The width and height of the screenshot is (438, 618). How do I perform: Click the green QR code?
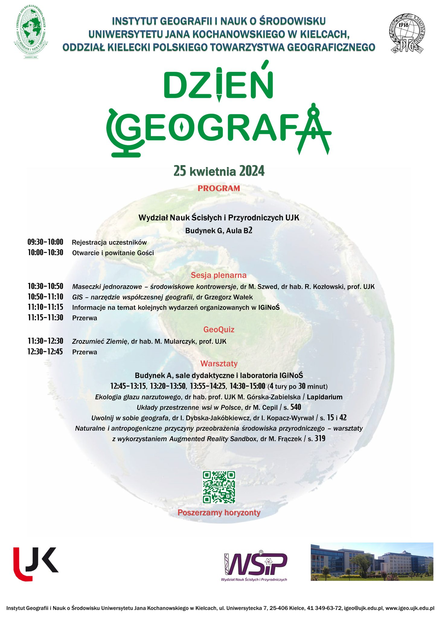(x=219, y=487)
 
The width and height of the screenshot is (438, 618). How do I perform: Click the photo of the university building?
(x=372, y=561)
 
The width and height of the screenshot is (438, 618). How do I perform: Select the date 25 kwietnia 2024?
(x=219, y=171)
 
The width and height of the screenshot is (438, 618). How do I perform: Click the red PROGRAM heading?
(x=219, y=188)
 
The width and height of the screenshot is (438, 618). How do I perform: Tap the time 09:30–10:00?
(x=45, y=242)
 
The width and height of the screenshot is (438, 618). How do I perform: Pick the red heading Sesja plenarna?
(x=219, y=275)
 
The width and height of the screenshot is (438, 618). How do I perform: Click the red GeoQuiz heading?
(x=219, y=330)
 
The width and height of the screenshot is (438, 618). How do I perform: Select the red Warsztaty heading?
(x=219, y=364)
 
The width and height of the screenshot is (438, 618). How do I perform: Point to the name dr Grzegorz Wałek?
(x=225, y=297)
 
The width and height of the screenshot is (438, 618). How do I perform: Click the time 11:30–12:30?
(x=45, y=341)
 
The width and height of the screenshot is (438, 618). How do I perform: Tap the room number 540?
(x=296, y=407)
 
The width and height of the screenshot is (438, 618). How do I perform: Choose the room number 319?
(x=320, y=439)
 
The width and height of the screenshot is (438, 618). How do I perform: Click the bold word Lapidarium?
(x=325, y=397)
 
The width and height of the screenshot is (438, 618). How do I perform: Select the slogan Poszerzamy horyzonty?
(x=219, y=513)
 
